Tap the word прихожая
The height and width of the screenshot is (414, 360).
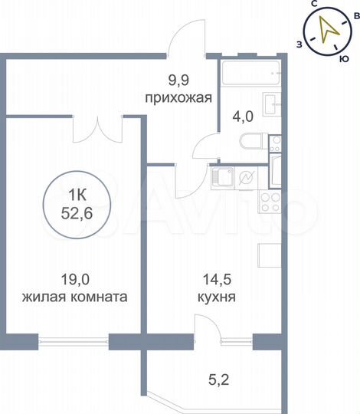(x=178, y=97)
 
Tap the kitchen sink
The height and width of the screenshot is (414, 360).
(x=223, y=179)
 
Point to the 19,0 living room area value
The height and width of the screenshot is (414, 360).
(x=74, y=280)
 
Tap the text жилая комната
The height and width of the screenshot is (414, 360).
(x=74, y=296)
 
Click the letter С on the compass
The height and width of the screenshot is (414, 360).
(x=314, y=5)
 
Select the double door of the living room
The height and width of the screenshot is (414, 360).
(x=97, y=127)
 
